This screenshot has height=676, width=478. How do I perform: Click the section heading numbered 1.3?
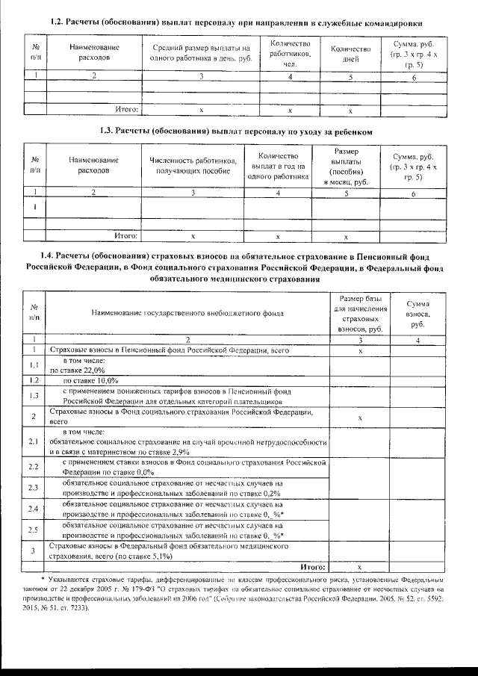click(235, 131)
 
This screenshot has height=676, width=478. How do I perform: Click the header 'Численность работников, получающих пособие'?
click(193, 166)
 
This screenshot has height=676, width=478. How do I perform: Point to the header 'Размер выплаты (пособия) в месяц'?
click(350, 166)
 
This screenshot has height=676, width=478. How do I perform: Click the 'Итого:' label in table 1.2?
click(128, 109)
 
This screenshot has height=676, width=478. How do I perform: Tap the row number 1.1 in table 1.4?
click(34, 365)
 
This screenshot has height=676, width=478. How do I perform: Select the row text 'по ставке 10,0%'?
click(86, 380)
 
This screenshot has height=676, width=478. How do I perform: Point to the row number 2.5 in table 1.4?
click(34, 530)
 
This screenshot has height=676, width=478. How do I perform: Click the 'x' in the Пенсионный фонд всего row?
click(360, 350)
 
